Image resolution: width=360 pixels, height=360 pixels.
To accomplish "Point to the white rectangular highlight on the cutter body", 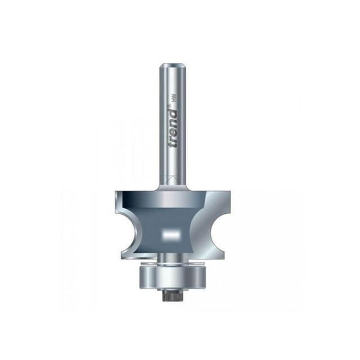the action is (171, 234).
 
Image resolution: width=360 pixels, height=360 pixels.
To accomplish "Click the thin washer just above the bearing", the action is (172, 263).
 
